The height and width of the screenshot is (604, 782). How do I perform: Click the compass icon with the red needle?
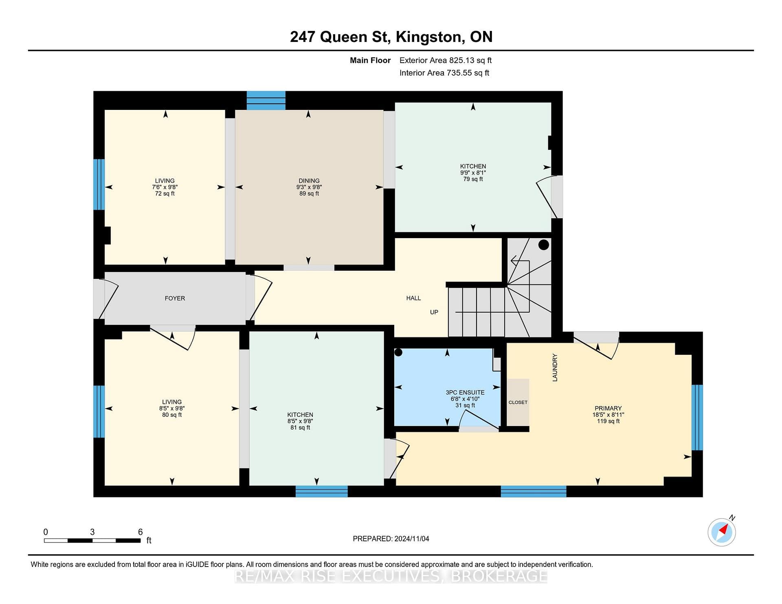[x=722, y=532]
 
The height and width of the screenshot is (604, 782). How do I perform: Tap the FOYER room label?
[x=175, y=298]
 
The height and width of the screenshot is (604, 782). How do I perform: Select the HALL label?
[x=413, y=298]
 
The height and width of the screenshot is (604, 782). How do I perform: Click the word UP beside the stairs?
[x=434, y=312]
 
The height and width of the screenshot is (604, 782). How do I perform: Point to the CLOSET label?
[x=518, y=402]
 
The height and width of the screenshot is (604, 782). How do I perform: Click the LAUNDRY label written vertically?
[x=555, y=368]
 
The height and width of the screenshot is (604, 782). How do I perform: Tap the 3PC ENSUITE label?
[x=465, y=392]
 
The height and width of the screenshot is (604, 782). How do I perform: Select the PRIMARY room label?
[x=608, y=408]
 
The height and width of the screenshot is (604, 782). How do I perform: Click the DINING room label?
[x=309, y=181]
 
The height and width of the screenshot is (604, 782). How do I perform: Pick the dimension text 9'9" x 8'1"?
[x=473, y=173]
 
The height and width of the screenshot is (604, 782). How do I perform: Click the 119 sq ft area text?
[x=608, y=421]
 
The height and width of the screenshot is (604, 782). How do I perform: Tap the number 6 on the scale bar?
[x=141, y=532]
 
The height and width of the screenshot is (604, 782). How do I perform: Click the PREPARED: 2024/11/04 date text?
[x=391, y=538]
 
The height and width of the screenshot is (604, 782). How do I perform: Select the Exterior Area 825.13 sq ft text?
[x=446, y=60]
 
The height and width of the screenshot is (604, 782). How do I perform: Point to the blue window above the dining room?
[x=266, y=101]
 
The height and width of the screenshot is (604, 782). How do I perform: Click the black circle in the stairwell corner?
[x=544, y=245]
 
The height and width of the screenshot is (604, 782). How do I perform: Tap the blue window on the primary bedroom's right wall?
[x=697, y=417]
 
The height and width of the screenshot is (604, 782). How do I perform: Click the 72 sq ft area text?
[x=165, y=194]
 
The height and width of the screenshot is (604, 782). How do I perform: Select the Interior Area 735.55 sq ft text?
[x=444, y=73]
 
